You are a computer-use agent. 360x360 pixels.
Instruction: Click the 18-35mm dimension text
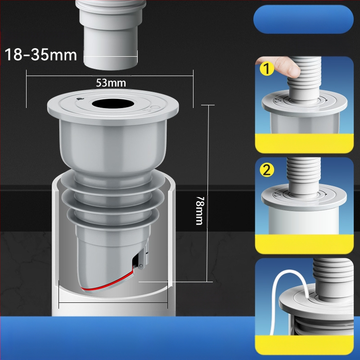41,55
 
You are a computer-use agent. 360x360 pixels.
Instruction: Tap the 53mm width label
111,83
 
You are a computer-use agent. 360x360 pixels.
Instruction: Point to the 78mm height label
199,211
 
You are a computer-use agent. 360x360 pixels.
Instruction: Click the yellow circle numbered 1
267,69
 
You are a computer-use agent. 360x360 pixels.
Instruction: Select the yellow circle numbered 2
267,170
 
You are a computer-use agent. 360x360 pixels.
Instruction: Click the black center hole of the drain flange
113,104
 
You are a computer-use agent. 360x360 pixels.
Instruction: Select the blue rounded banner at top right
303,19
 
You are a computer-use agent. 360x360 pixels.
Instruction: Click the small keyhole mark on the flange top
80,99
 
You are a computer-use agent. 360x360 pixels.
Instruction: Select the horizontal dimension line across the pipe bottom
113,302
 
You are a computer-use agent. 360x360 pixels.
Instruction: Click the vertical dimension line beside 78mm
208,193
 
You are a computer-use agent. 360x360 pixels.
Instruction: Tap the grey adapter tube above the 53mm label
110,35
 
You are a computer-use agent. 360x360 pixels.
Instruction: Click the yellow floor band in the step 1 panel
304,143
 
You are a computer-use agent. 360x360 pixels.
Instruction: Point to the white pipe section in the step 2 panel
303,221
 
